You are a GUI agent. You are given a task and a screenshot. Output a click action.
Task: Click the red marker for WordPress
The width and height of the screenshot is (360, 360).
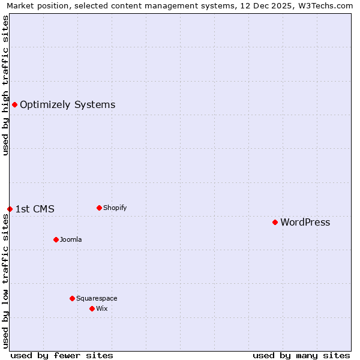coord(275,223)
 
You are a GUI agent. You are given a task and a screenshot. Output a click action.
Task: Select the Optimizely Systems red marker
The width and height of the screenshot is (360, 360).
coord(14,105)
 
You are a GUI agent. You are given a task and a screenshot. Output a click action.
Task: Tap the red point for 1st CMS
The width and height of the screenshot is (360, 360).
coord(10,209)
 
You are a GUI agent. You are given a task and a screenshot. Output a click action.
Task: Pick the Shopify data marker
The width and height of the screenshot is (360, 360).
coord(99,208)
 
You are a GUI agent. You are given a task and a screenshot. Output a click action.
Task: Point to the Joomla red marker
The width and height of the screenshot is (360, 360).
coord(56,239)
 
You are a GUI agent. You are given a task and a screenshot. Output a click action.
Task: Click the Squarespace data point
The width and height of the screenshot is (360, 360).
coord(72,298)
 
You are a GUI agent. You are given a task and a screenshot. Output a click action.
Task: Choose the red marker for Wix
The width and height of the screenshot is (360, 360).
coord(92,309)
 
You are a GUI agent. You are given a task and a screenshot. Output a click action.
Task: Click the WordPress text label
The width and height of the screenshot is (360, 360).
coord(305,223)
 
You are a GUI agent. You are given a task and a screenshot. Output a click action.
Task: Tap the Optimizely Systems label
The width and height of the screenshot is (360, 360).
coord(67,105)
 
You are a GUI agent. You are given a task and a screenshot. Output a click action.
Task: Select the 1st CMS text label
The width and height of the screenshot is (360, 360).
coord(35,209)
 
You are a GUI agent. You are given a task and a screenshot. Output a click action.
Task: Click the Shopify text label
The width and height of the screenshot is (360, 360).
coord(115,208)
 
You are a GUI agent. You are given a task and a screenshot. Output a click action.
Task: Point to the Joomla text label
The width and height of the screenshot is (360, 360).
coord(71,240)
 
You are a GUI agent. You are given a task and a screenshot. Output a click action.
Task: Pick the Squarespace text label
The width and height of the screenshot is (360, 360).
coord(97,299)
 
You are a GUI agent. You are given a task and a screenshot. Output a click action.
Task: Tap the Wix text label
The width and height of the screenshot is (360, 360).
coord(101,309)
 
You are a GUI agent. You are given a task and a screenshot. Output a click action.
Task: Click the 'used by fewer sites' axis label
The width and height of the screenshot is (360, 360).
coord(62,355)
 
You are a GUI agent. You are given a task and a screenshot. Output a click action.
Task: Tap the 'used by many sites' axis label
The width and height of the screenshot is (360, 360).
coord(301,355)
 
